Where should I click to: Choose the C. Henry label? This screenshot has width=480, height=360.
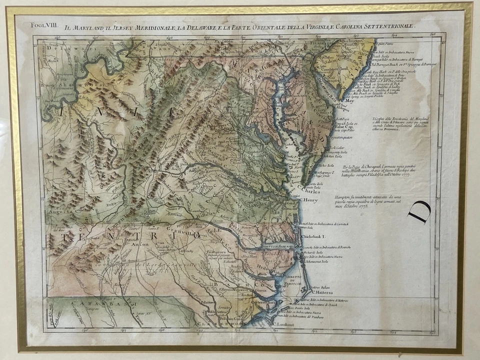pyautogui.click(x=308, y=200)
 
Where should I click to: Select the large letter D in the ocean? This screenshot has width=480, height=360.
pyautogui.click(x=418, y=211)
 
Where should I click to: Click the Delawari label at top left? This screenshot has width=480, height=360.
pyautogui.click(x=59, y=48)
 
